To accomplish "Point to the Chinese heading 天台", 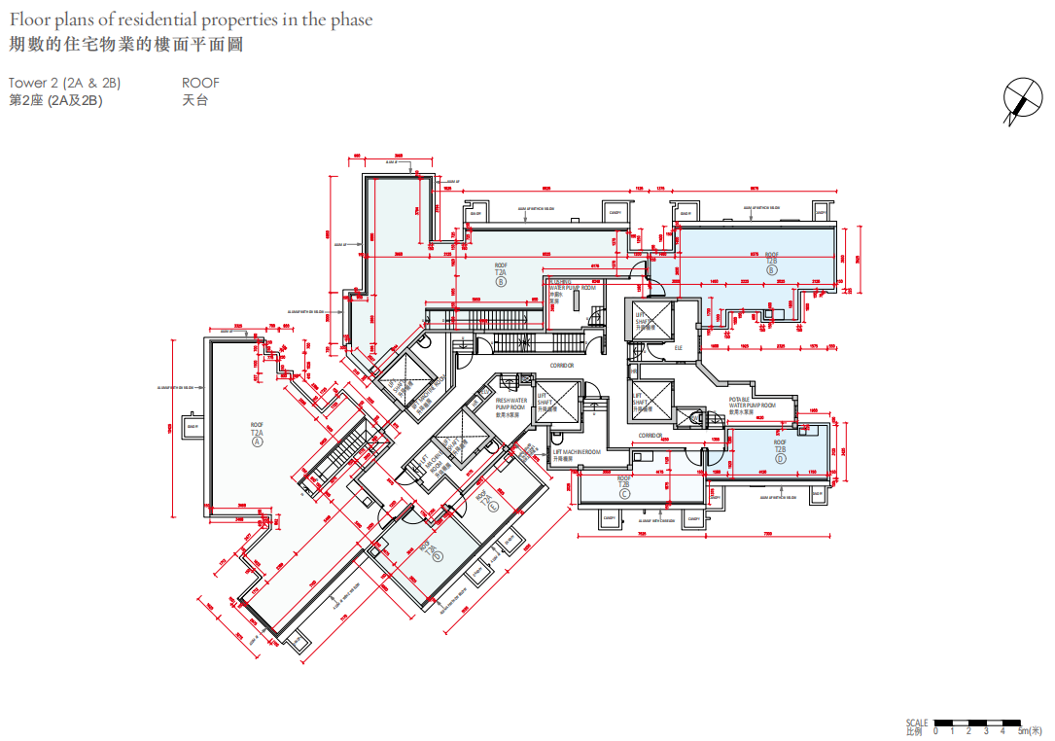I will tap(194, 100).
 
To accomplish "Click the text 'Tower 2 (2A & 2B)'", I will tap(64, 84).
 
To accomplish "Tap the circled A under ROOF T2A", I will tap(258, 441).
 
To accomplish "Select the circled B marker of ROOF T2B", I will tap(771, 270).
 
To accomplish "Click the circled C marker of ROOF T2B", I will tap(624, 494).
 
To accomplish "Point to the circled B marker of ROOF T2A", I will tap(501, 283).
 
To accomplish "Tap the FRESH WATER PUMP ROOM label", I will tap(510, 405).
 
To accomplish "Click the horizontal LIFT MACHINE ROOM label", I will tap(577, 452).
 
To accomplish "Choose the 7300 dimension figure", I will tap(767, 533).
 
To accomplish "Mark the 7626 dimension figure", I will tap(642, 533).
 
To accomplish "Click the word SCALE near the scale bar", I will tap(916, 723).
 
